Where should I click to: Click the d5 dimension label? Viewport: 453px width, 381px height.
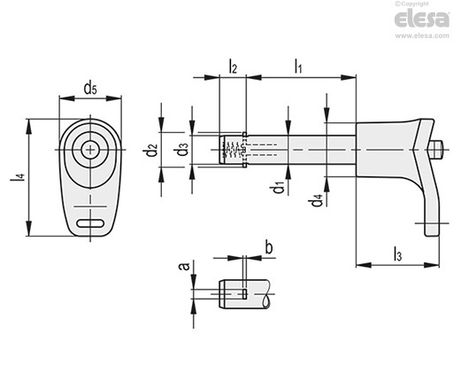[90, 89]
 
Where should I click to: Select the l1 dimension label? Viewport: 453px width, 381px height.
[298, 66]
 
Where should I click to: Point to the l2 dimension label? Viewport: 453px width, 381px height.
[233, 66]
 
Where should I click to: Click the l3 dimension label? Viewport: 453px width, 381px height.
[398, 254]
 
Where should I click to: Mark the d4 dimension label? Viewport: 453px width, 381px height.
[316, 200]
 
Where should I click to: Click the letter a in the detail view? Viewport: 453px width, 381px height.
[185, 267]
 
